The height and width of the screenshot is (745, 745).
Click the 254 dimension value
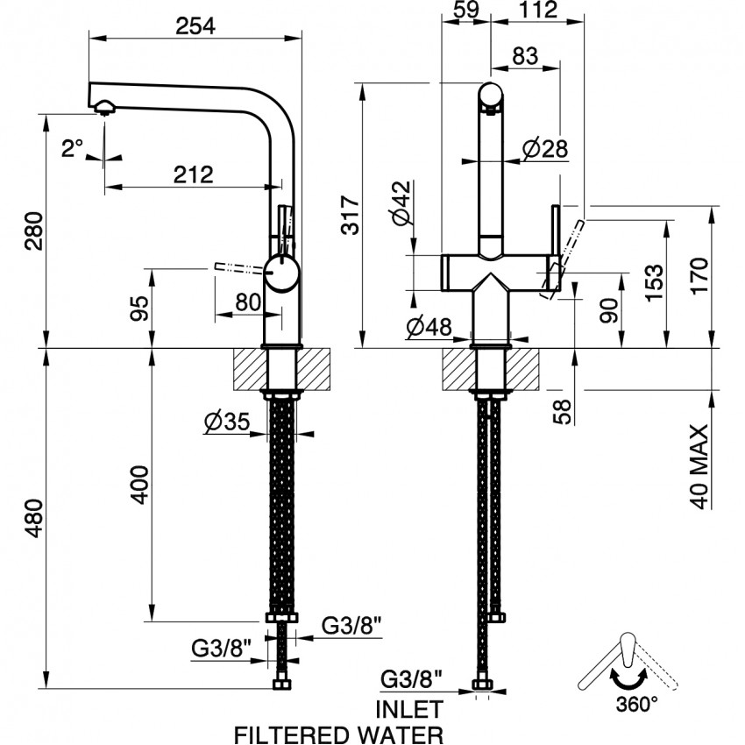pyautogui.click(x=195, y=25)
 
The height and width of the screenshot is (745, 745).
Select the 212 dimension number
pyautogui.click(x=194, y=174)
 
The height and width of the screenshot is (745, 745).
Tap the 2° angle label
pyautogui.click(x=72, y=148)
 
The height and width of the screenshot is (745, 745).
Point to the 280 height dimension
pyautogui.click(x=34, y=231)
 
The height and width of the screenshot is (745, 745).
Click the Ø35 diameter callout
pyautogui.click(x=227, y=422)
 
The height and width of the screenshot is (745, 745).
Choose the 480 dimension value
pyautogui.click(x=34, y=518)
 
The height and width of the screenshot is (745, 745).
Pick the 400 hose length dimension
pyautogui.click(x=140, y=485)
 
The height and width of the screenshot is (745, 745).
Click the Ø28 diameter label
pyautogui.click(x=545, y=149)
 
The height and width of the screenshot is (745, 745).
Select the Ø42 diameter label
pyautogui.click(x=402, y=202)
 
